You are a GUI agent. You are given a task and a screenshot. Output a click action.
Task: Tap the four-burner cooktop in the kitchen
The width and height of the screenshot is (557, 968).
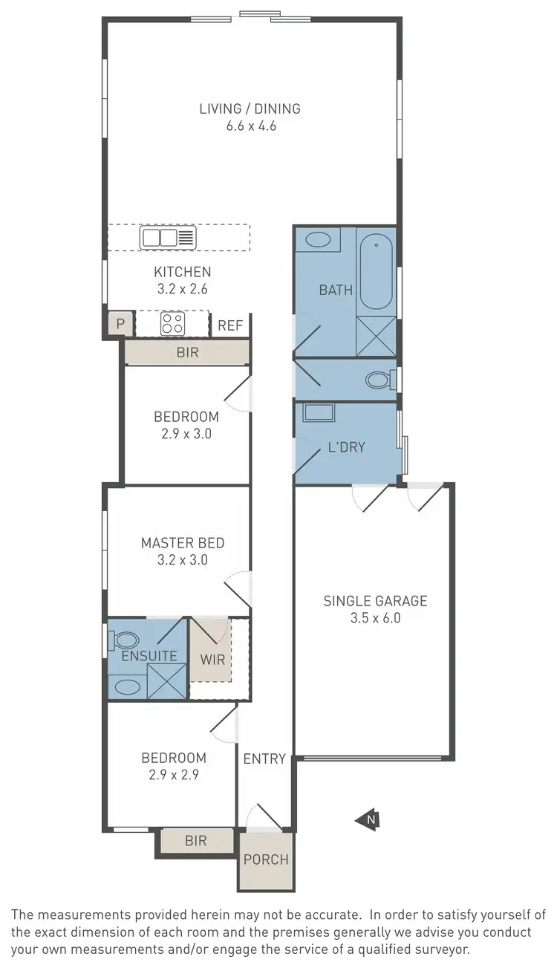pyautogui.click(x=173, y=323)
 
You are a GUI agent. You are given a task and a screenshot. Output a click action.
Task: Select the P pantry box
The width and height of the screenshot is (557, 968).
pyautogui.click(x=120, y=324)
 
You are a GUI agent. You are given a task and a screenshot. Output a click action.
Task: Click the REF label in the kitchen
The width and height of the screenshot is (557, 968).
pyautogui.click(x=229, y=325)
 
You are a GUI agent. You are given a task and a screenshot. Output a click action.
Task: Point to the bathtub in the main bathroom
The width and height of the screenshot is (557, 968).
pyautogui.click(x=377, y=272)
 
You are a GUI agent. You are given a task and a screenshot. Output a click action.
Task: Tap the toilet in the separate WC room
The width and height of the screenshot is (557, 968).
pyautogui.click(x=380, y=380)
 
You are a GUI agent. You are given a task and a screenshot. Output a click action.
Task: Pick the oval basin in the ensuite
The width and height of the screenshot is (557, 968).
pyautogui.click(x=128, y=686)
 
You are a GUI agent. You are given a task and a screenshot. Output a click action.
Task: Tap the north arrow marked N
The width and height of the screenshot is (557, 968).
pyautogui.click(x=369, y=819)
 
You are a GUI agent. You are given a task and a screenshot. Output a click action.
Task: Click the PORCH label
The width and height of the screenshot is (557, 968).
pyautogui.click(x=266, y=860)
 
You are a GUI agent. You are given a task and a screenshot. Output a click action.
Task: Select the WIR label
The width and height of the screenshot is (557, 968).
pyautogui.click(x=212, y=659)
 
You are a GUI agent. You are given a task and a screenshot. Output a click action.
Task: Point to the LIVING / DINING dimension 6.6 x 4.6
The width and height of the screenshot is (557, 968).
pyautogui.click(x=251, y=126)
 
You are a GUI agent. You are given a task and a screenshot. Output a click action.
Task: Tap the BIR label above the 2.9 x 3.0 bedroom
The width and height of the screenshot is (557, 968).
pyautogui.click(x=188, y=352)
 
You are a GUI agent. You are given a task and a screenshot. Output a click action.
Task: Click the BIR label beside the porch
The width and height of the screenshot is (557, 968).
pyautogui.click(x=195, y=841)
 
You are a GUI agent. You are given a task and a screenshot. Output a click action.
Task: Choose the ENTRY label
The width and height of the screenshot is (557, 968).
pyautogui.click(x=264, y=759)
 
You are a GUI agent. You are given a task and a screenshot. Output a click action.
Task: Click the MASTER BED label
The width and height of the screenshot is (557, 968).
pyautogui.click(x=182, y=543)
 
